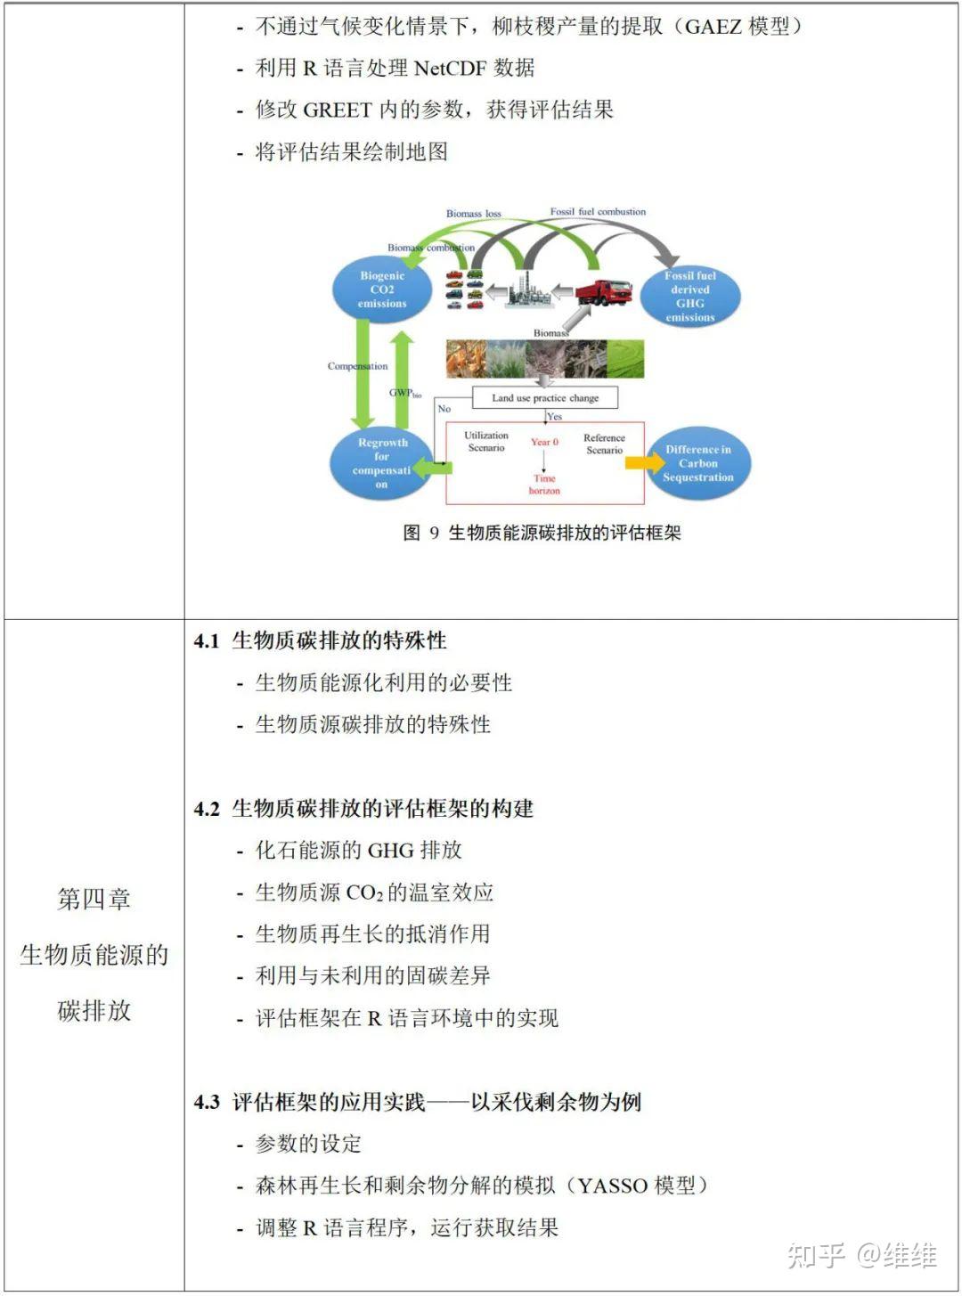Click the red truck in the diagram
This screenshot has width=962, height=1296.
603,292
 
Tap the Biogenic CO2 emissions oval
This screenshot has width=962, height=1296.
382,289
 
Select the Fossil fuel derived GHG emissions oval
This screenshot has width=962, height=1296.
689,296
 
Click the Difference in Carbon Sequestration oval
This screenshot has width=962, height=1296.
697,463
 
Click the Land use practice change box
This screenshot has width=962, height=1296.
544,397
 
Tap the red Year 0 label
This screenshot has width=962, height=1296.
544,442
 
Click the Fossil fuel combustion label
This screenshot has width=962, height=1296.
598,212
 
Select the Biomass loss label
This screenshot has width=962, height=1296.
473,214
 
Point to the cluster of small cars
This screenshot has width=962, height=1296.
464,289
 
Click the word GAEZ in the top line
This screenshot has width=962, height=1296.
713,27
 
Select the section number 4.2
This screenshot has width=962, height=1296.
207,809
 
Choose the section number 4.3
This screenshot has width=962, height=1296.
207,1102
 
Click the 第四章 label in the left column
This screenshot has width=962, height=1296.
94,899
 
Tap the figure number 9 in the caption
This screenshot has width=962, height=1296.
434,533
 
